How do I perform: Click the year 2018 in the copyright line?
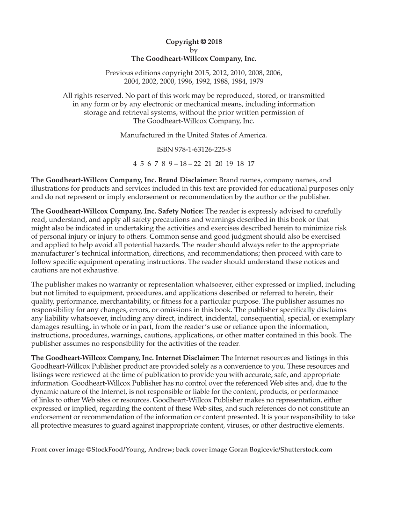(x=215, y=42)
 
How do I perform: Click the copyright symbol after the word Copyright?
(x=202, y=42)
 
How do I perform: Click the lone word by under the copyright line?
(x=194, y=50)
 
